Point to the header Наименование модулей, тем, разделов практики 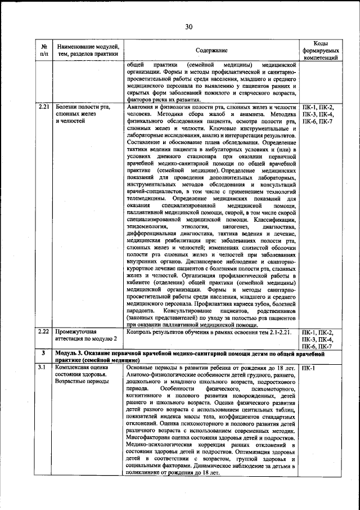(88, 50)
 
